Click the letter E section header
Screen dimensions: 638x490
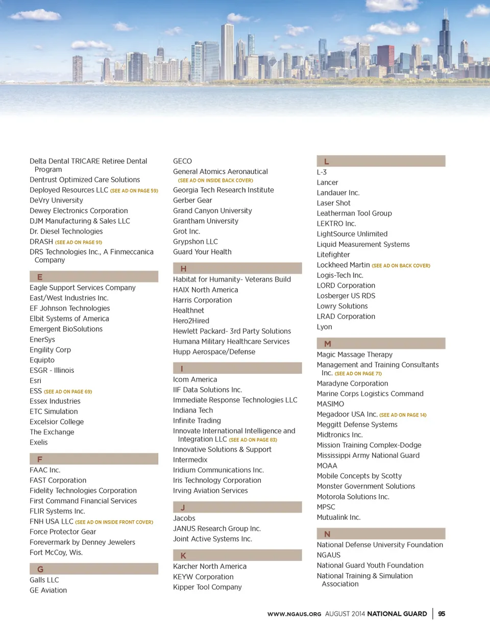[94, 277]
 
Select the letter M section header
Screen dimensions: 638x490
[381, 344]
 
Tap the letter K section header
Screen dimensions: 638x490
[237, 555]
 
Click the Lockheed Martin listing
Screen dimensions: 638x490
[343, 265]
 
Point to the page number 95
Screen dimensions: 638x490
[442, 614]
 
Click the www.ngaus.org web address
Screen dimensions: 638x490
[294, 614]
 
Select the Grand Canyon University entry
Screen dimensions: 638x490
[212, 211]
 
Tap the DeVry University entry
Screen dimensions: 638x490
[56, 200]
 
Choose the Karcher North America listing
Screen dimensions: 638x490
[210, 567]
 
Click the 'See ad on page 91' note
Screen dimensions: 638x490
[79, 242]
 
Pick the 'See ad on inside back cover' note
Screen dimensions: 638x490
[215, 181]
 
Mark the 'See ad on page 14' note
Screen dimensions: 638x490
[403, 415]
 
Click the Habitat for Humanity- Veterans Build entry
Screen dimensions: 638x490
[232, 279]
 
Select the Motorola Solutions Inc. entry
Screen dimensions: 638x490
[353, 497]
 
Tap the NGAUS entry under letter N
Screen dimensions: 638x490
[329, 555]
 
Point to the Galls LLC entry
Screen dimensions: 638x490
[44, 580]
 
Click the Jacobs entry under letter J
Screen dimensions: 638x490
[184, 518]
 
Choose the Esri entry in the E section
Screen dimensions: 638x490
[36, 381]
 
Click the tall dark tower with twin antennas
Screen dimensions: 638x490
[445, 43]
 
